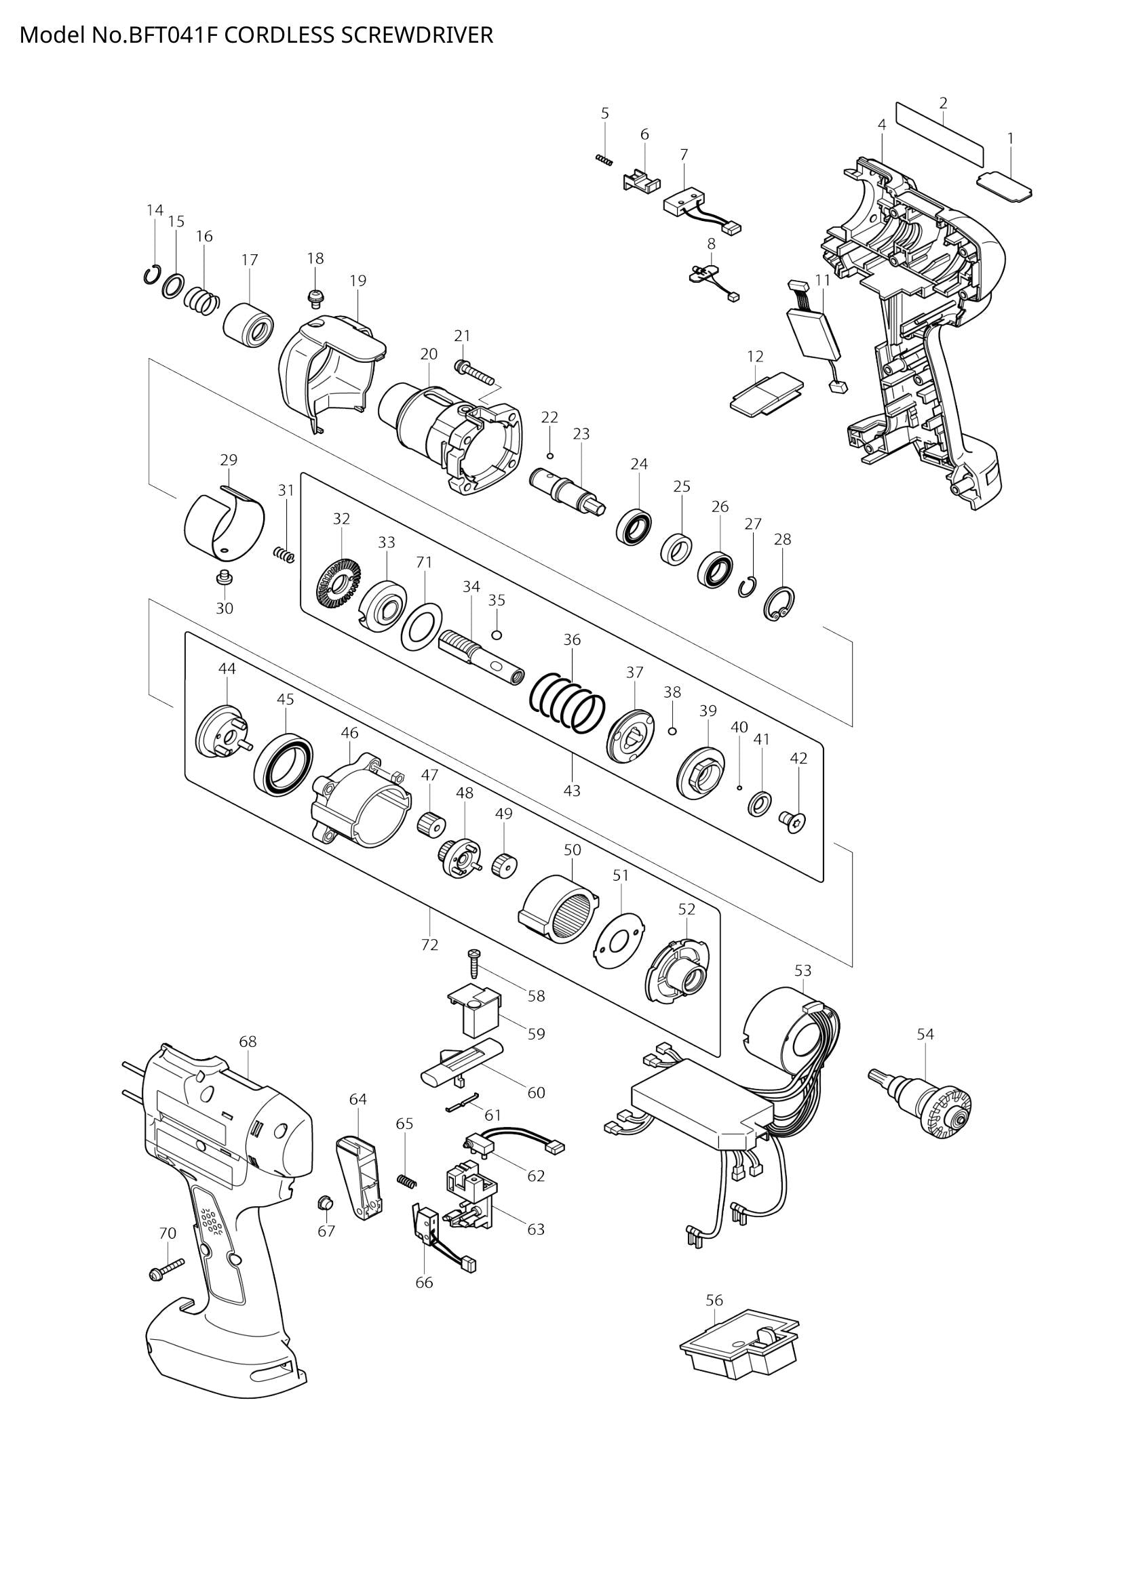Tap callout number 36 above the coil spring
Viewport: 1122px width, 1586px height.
tap(572, 639)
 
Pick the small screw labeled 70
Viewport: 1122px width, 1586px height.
tap(166, 1268)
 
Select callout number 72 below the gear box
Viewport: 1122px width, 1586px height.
tap(429, 945)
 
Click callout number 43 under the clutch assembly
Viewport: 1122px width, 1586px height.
tap(572, 791)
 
